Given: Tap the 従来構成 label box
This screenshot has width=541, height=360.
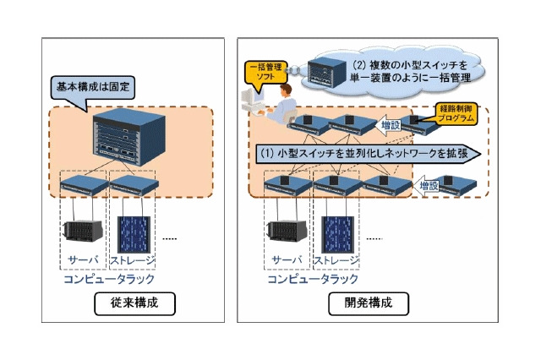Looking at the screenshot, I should [x=124, y=302].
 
